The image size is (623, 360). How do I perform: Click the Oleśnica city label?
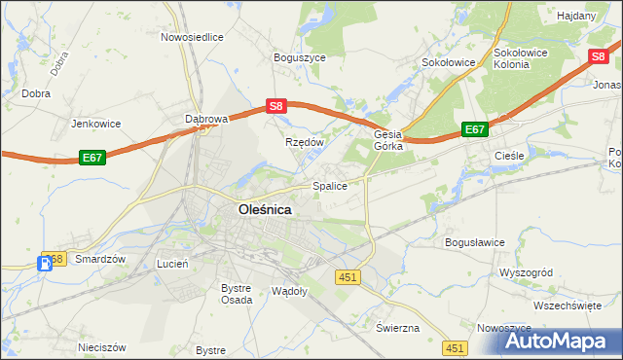(x=265, y=208)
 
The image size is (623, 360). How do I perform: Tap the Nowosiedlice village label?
(x=192, y=37)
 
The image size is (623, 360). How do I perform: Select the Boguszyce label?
(x=300, y=57)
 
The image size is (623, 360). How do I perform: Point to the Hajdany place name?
(x=577, y=17)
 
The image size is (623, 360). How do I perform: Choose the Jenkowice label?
(x=96, y=124)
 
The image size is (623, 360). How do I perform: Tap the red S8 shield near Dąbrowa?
(x=276, y=106)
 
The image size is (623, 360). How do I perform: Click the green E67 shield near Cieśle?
(x=474, y=129)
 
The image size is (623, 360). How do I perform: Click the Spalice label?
(x=329, y=185)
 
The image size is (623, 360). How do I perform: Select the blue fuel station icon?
(x=44, y=263)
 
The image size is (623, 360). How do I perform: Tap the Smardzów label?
(x=101, y=260)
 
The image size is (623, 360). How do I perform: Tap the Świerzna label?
(x=397, y=328)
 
